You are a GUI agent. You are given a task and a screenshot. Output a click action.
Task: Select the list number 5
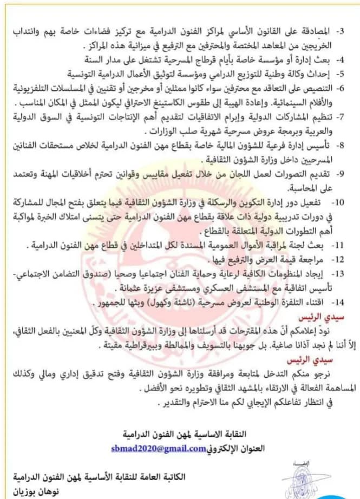pyautogui.click(x=347, y=72)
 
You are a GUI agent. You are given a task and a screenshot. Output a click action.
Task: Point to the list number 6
pyautogui.click(x=347, y=87)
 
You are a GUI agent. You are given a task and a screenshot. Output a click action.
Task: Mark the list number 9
pyautogui.click(x=347, y=174)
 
